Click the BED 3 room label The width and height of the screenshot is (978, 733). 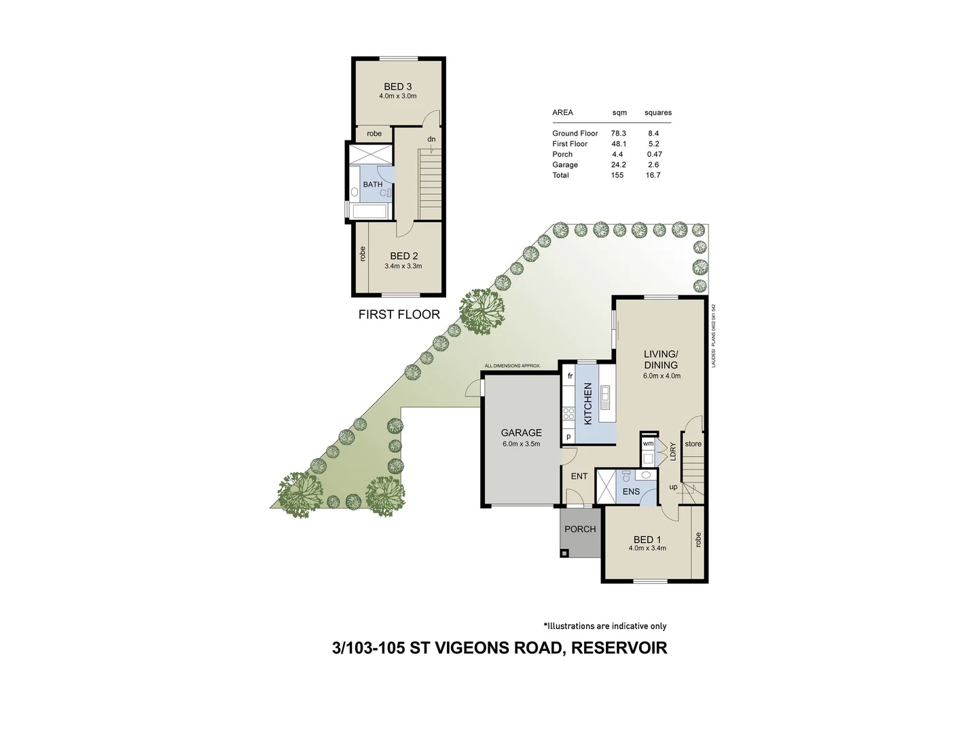[x=397, y=86]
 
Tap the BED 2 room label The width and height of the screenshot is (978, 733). [x=403, y=256]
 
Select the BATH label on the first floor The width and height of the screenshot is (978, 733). [x=372, y=185]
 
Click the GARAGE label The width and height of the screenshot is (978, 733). [x=521, y=432]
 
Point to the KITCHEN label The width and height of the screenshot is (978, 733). [x=588, y=404]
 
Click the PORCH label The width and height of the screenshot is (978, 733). [x=580, y=529]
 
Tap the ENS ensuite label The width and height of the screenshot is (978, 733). [x=631, y=491]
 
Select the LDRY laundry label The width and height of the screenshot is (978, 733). [x=672, y=452]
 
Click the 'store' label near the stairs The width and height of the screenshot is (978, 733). [x=693, y=444]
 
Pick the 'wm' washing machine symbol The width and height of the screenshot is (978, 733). [x=648, y=443]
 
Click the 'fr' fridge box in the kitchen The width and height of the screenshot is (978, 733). [x=570, y=376]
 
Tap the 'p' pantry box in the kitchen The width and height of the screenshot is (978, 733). [x=568, y=436]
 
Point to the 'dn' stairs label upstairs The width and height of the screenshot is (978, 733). [x=431, y=139]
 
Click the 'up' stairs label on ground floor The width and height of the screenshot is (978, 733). [x=673, y=487]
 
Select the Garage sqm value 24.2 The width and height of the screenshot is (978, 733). [x=617, y=165]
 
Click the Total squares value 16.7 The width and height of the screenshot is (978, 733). [x=653, y=175]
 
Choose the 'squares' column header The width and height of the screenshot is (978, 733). [x=657, y=113]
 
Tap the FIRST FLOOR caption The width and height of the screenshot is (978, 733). [x=399, y=314]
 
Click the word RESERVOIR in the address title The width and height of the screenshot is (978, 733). [x=619, y=648]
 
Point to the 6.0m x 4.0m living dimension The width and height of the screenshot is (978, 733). [x=662, y=375]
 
